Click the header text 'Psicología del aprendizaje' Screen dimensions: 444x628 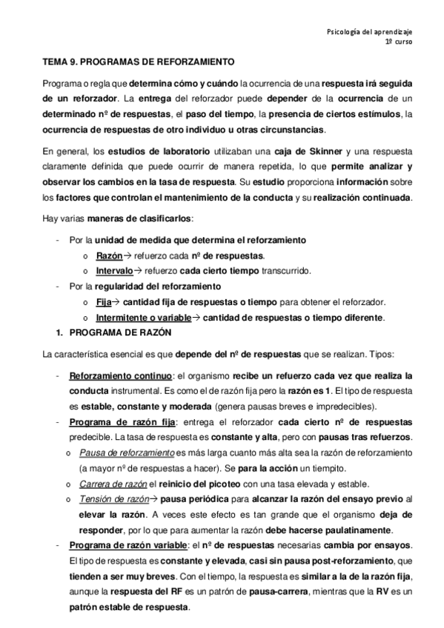coord(370,32)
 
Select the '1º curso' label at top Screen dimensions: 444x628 coord(397,43)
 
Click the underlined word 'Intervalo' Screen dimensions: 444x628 coord(114,270)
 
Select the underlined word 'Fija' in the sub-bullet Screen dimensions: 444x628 coord(103,301)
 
